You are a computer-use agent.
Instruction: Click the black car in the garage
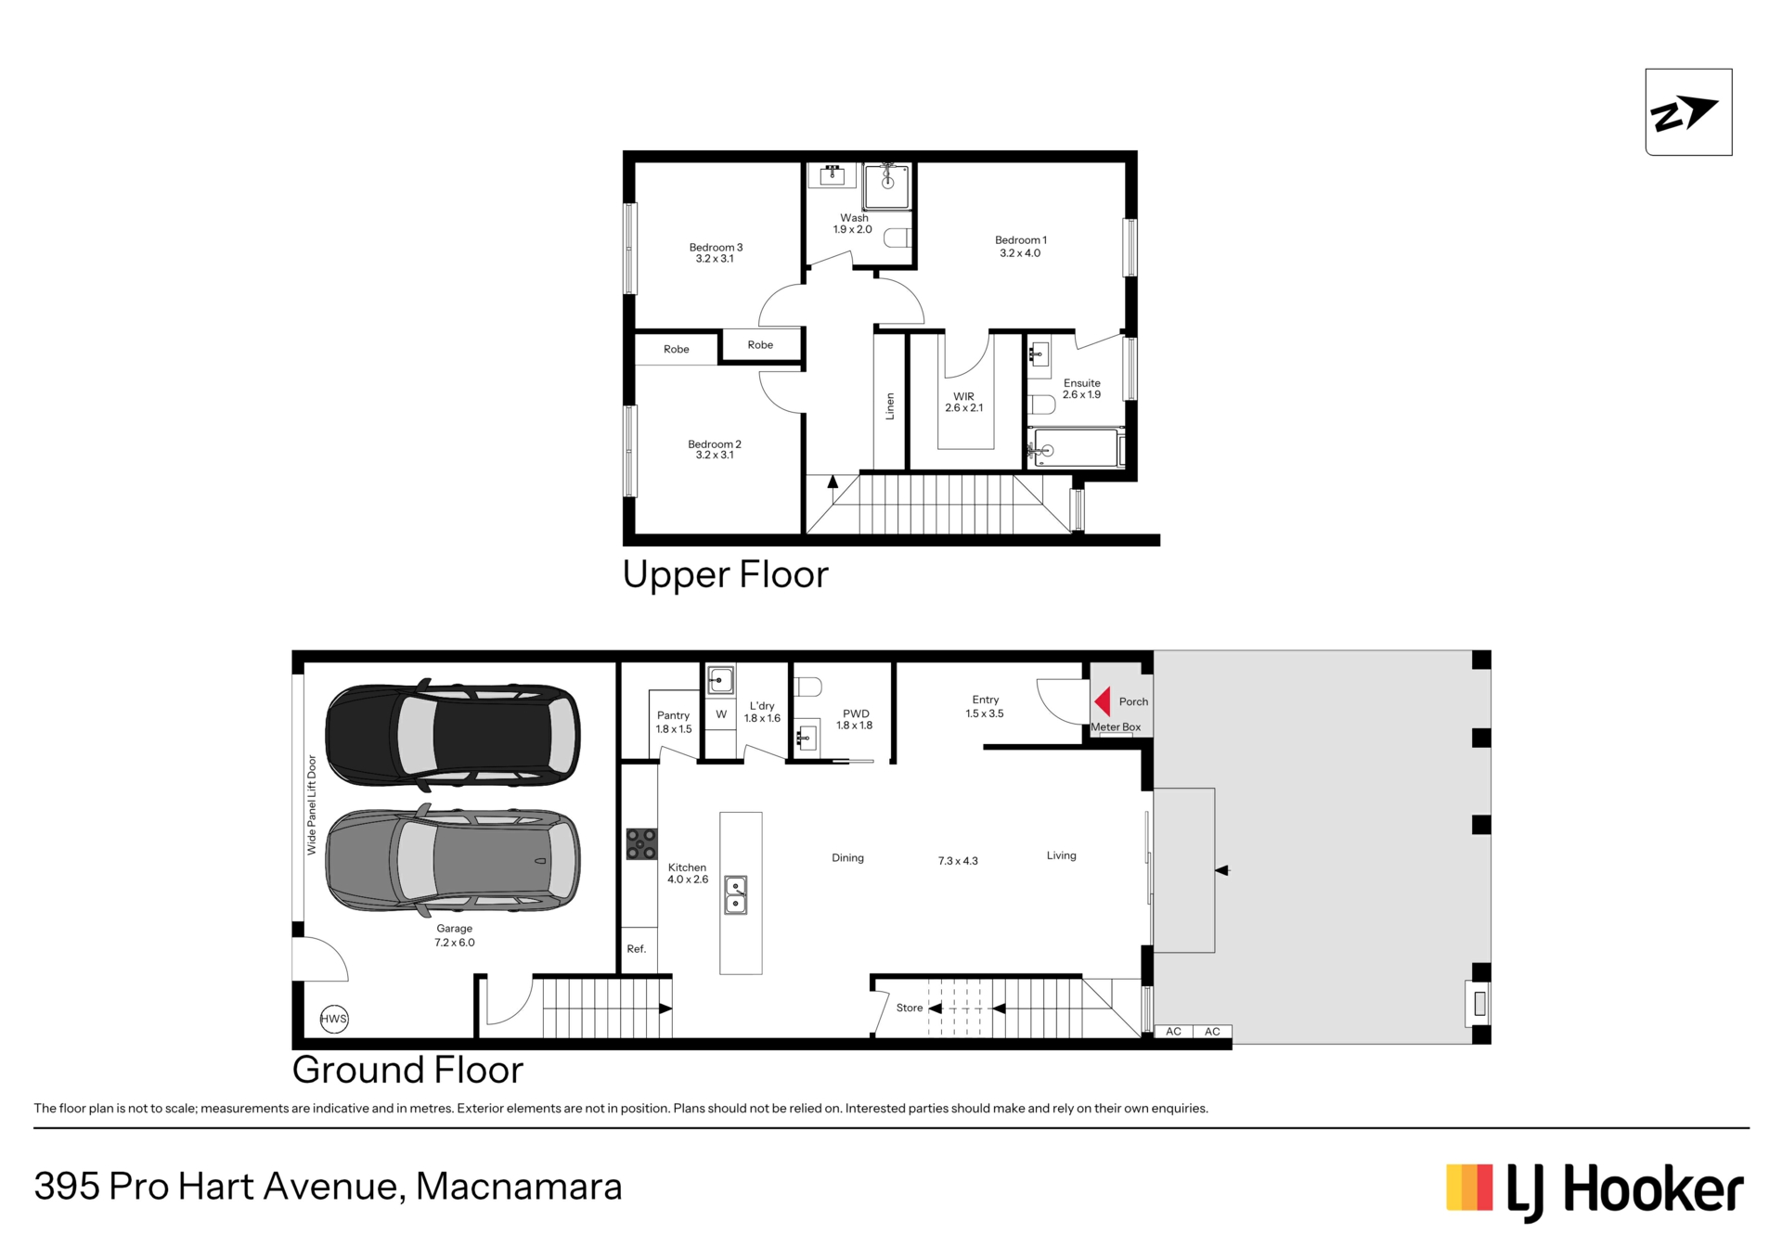coord(453,734)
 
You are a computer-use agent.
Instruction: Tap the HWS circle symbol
coord(334,1019)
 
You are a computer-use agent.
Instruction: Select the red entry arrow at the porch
coord(1103,701)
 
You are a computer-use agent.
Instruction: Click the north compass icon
coord(1688,112)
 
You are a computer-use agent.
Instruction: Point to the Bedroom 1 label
coord(1021,240)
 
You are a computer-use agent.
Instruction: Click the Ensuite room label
coord(1082,383)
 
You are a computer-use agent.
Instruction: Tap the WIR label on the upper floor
coord(963,396)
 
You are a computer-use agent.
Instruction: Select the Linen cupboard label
coord(890,406)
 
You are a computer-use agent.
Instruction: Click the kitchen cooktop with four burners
coord(641,844)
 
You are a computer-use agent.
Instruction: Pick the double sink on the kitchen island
coord(736,895)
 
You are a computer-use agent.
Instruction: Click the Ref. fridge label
coord(637,949)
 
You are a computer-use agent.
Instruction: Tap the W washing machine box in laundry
coord(721,714)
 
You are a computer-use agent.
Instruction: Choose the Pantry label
coord(674,715)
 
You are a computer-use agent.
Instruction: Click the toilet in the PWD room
coord(808,687)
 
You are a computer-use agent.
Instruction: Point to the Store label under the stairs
coord(910,1008)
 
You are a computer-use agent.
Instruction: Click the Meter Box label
coord(1116,727)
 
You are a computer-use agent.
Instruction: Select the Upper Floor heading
coord(725,575)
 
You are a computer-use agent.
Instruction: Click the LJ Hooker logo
coord(1595,1191)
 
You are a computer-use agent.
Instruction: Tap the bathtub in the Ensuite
coord(1076,448)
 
